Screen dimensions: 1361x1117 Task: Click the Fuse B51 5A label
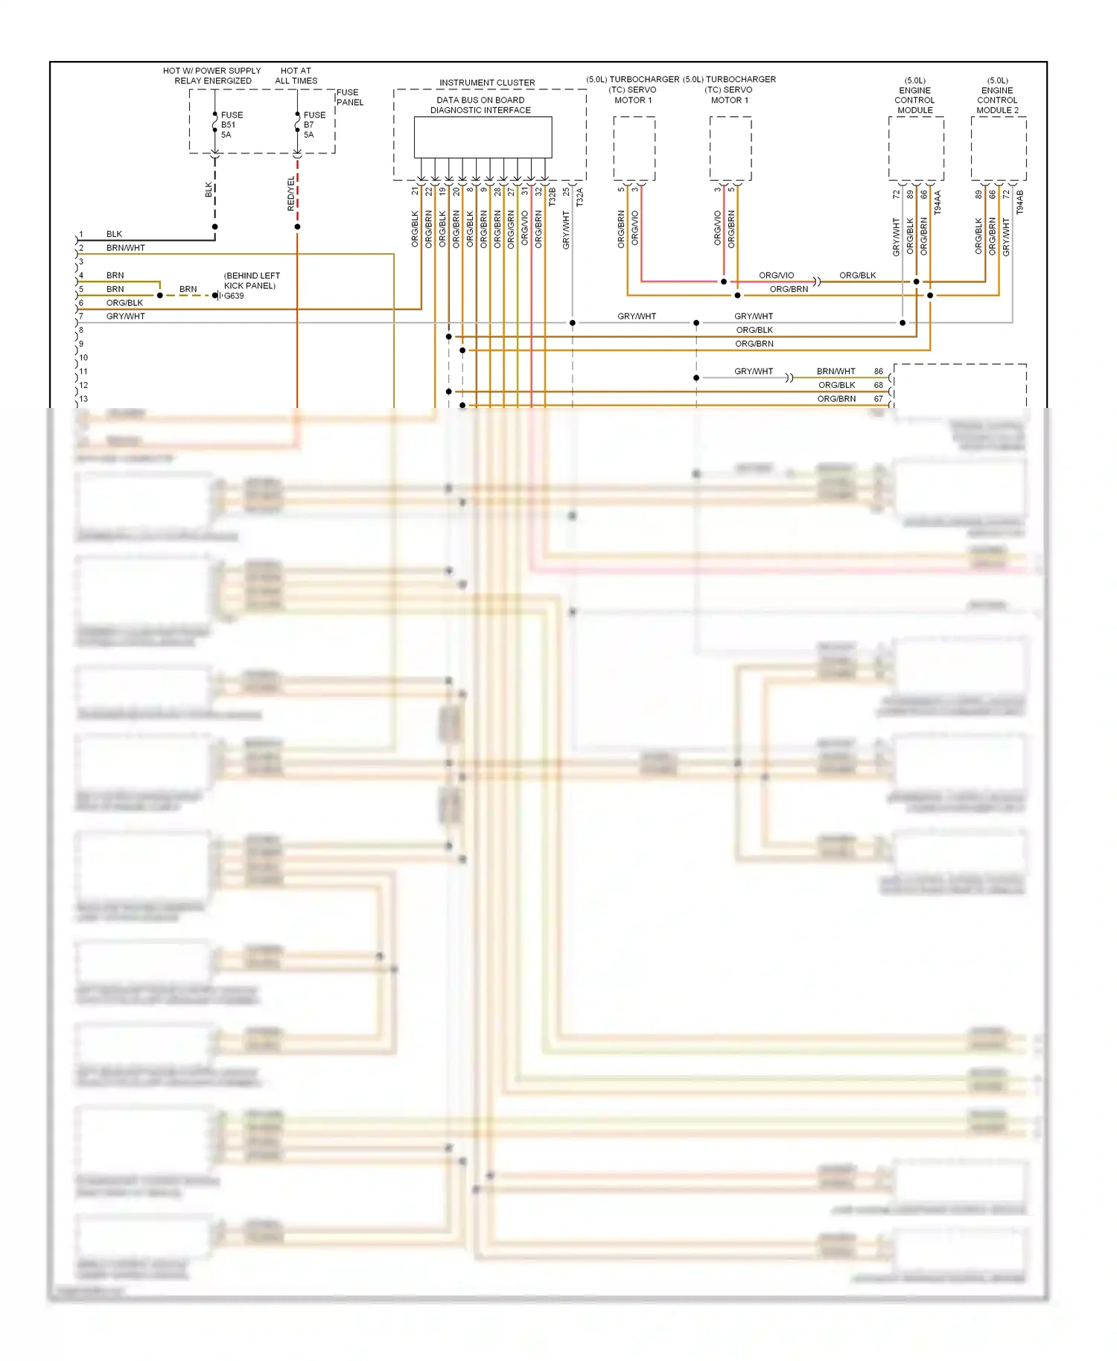click(x=231, y=125)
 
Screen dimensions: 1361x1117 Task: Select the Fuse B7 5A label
click(x=314, y=125)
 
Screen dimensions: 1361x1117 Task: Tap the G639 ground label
click(x=234, y=296)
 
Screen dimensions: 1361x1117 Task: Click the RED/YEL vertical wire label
click(x=291, y=194)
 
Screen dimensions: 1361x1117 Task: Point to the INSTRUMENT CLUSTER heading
click(x=487, y=83)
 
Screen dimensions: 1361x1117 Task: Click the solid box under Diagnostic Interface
click(x=483, y=137)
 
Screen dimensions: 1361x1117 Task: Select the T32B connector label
click(x=553, y=197)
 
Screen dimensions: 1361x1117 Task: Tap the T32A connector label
click(x=580, y=197)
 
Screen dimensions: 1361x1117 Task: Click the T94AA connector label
click(x=938, y=203)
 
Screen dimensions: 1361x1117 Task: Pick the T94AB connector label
click(x=1020, y=203)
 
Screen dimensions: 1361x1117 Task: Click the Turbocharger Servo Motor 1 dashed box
click(x=634, y=148)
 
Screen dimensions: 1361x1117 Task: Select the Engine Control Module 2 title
click(x=997, y=95)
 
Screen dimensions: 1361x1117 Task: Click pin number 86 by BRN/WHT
click(x=879, y=372)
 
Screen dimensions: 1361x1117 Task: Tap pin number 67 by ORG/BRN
click(x=879, y=399)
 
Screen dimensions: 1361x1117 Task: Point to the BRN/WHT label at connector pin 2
click(x=125, y=248)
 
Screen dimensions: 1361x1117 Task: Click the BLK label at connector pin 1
click(x=114, y=234)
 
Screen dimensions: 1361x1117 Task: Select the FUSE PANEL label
click(x=349, y=98)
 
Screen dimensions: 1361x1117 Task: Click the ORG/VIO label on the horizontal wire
click(x=776, y=275)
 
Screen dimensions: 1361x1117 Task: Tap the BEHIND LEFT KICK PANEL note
click(x=251, y=281)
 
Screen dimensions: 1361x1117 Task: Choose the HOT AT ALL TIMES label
click(x=296, y=76)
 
